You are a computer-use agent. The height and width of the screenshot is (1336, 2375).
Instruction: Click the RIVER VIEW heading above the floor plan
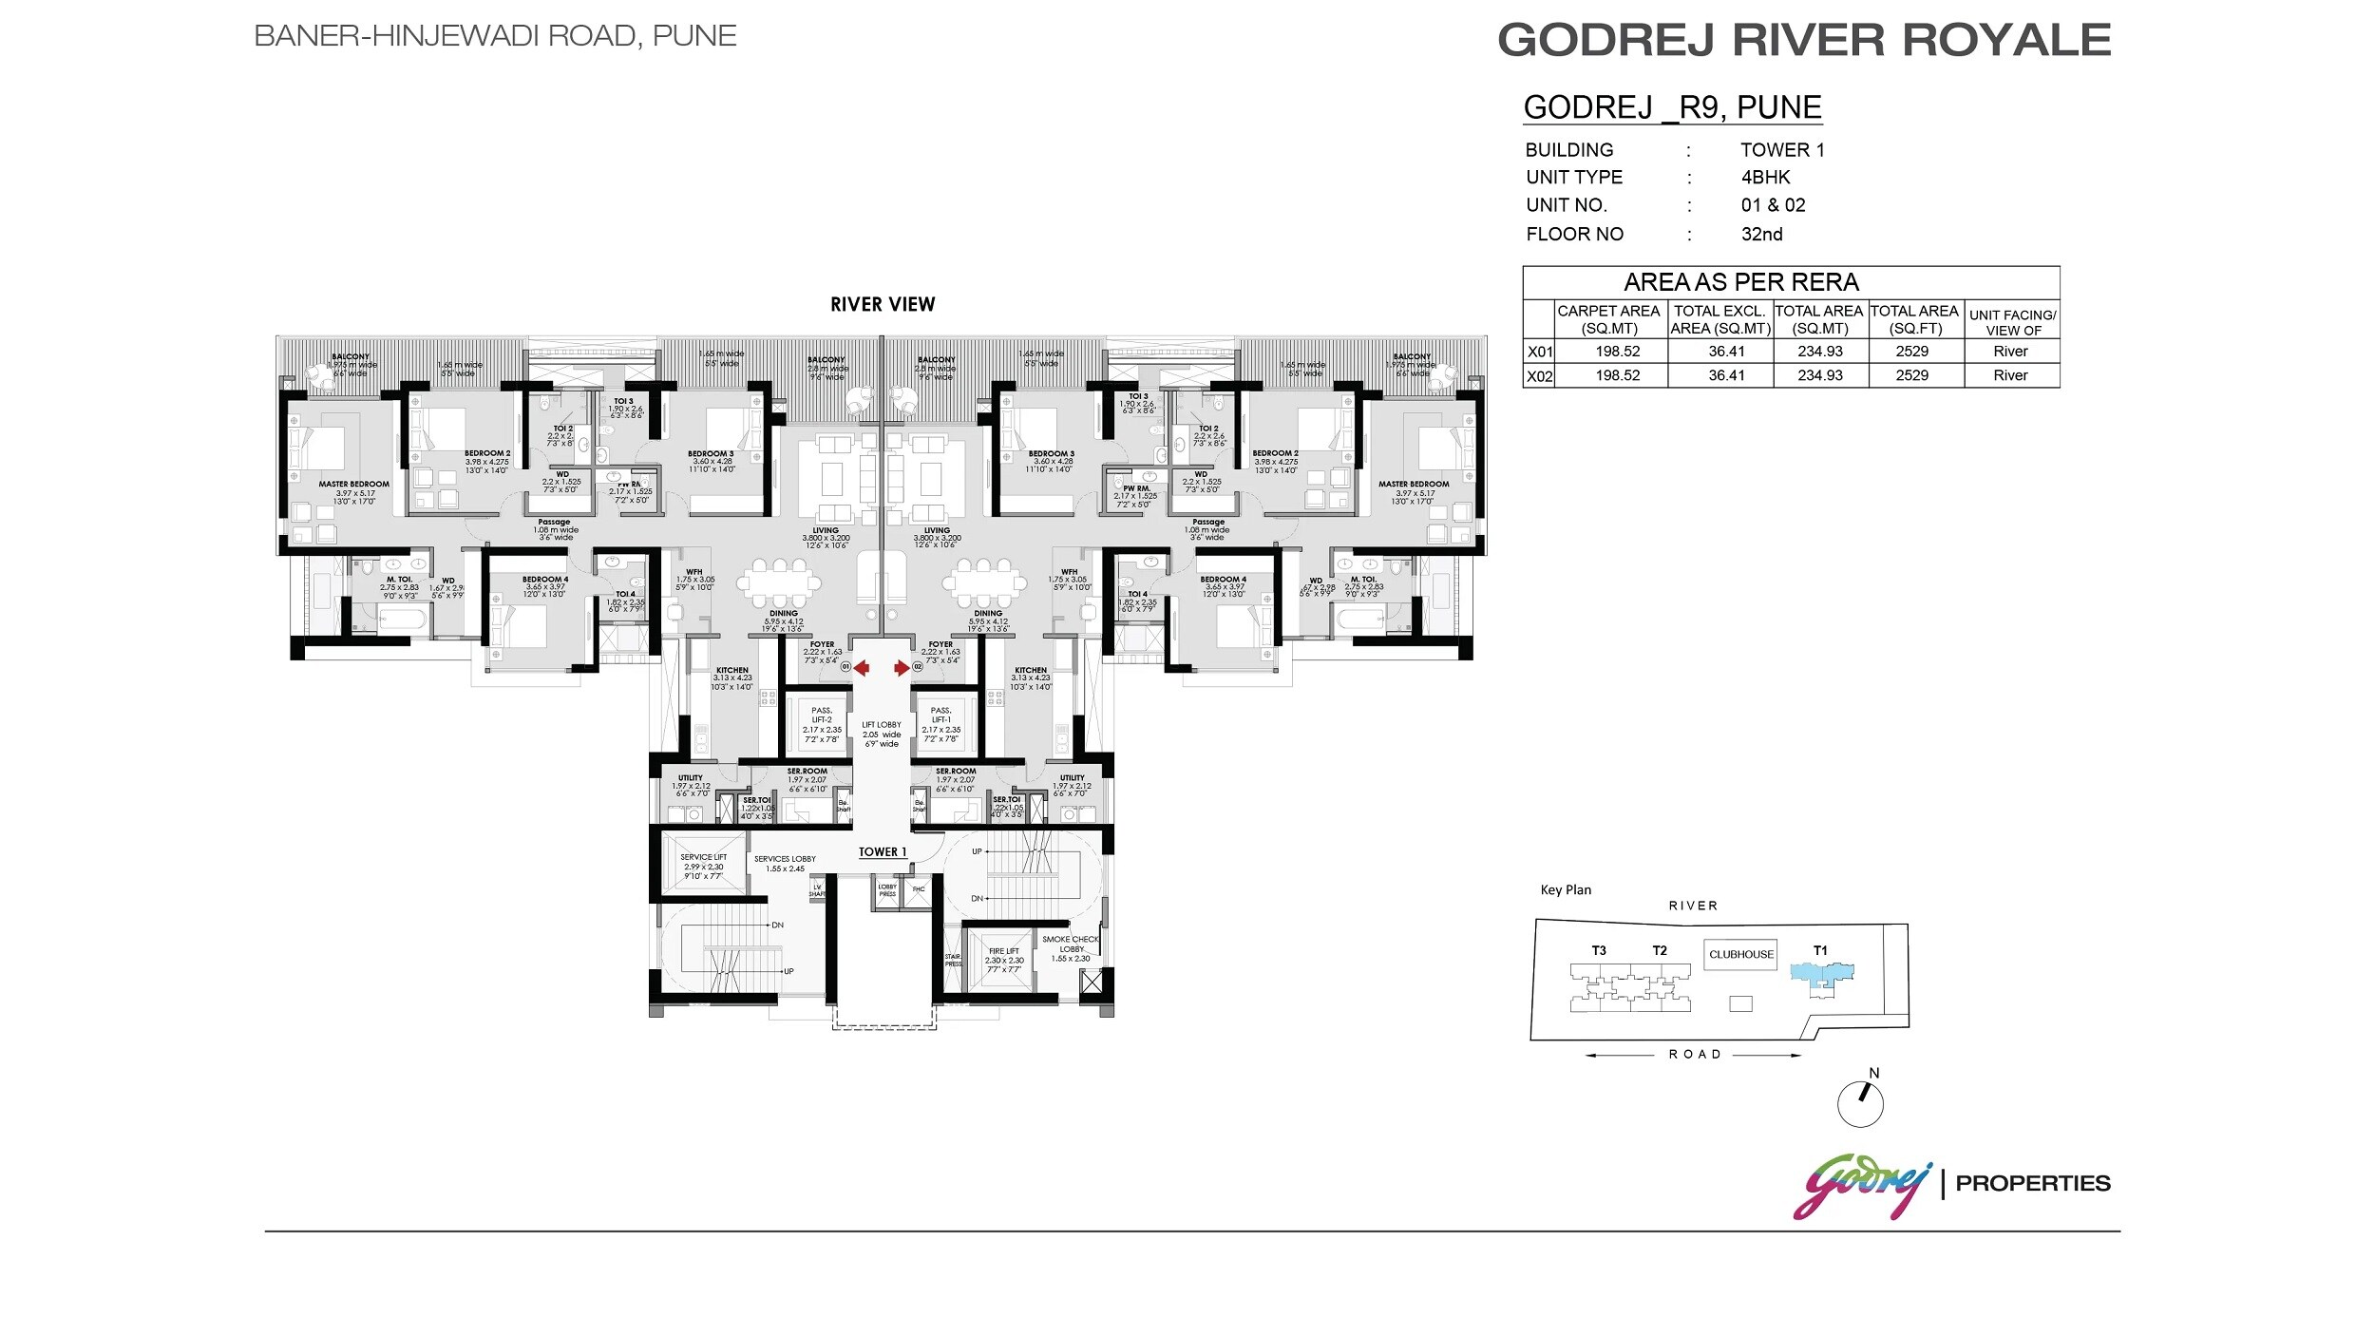pos(883,305)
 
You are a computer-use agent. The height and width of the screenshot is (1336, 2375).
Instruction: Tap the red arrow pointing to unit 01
pos(861,668)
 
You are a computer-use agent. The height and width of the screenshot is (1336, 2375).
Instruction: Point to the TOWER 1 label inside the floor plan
pos(883,852)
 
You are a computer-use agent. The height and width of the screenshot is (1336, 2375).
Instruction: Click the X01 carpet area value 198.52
pos(1618,352)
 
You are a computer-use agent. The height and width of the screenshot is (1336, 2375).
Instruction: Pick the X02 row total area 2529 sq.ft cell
pos(1912,375)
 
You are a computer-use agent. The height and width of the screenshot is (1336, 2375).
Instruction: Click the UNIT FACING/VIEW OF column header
pos(2012,322)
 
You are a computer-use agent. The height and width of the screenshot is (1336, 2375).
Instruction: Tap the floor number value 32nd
pos(1761,235)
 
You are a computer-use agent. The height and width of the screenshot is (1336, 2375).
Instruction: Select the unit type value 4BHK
pos(1765,178)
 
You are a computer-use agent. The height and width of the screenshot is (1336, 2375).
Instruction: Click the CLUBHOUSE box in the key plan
pos(1741,954)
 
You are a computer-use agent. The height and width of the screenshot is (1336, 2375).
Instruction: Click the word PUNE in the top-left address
pos(694,36)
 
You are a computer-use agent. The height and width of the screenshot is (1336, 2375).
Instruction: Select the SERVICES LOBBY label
pos(785,863)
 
